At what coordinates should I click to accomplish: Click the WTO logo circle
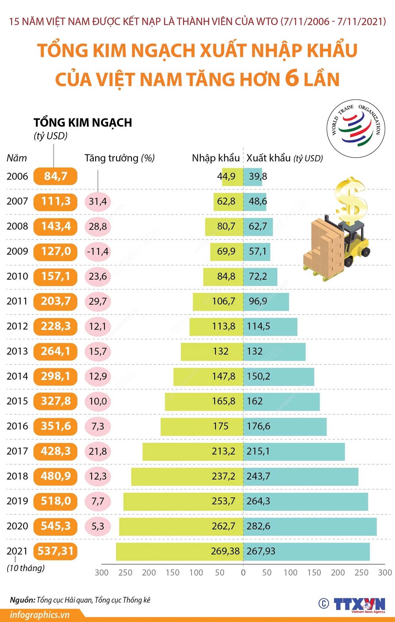click(x=356, y=128)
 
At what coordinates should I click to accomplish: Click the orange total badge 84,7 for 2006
click(x=55, y=176)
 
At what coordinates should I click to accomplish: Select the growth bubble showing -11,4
click(x=98, y=252)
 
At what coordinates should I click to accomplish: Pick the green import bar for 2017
click(x=193, y=451)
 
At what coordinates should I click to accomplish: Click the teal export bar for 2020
click(x=309, y=526)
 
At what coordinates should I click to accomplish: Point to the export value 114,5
click(x=258, y=326)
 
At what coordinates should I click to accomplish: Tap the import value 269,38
click(x=225, y=551)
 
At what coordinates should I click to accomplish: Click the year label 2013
click(x=17, y=351)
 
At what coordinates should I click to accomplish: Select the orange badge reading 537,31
click(x=55, y=551)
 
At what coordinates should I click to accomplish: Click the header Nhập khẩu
click(x=216, y=158)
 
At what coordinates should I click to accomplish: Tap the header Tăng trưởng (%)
click(x=119, y=158)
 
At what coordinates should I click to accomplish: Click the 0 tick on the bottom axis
click(x=243, y=573)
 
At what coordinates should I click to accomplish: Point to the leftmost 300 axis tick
click(x=101, y=573)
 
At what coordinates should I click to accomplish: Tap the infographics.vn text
click(x=39, y=614)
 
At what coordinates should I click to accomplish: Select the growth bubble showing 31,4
click(x=98, y=201)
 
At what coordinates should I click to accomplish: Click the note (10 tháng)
click(x=26, y=568)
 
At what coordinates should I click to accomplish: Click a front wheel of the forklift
click(x=348, y=262)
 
